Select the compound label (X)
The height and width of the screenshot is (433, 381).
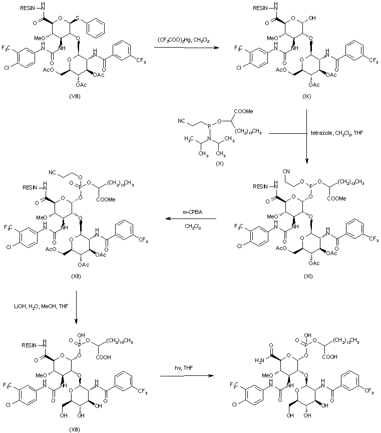tap(204, 163)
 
